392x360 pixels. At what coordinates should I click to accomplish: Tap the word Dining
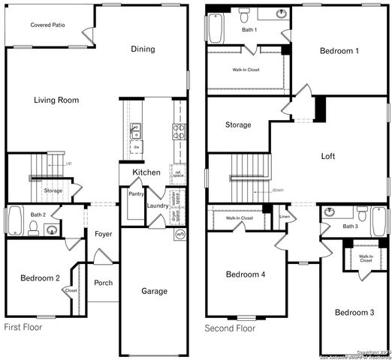point(143,49)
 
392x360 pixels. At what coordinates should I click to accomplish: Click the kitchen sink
point(136,131)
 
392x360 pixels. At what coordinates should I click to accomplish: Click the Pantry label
point(136,194)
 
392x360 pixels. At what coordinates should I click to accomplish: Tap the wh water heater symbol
point(179,234)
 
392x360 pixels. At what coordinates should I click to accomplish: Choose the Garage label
point(154,291)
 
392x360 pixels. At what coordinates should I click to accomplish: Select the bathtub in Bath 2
point(14,221)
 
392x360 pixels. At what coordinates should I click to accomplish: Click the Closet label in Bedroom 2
point(71,291)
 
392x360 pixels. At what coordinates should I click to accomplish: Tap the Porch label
point(104,283)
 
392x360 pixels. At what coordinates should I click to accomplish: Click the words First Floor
point(23,328)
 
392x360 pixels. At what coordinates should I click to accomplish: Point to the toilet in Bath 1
point(243,14)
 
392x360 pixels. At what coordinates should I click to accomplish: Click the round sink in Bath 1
point(281,14)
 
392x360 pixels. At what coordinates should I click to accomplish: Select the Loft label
point(328,157)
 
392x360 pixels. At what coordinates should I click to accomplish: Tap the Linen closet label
point(284,217)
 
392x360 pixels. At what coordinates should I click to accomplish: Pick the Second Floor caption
point(231,328)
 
